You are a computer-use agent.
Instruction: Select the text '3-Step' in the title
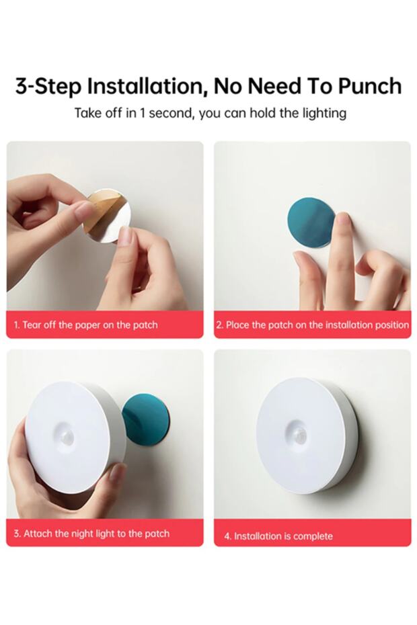[x=48, y=87]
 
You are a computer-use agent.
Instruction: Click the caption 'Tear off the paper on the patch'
[x=90, y=325]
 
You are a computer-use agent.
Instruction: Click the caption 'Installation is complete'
[x=283, y=536]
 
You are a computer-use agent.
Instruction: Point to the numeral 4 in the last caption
[x=227, y=536]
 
